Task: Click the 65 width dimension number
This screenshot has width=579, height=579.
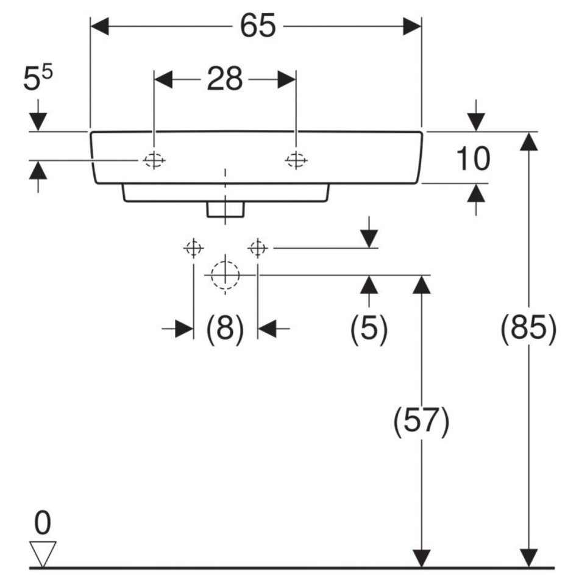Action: (257, 26)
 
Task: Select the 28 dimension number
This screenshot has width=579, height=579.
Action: (225, 79)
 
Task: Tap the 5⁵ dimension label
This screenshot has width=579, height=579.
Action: (38, 79)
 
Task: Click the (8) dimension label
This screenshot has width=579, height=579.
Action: (225, 329)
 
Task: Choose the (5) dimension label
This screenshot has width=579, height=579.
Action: (369, 329)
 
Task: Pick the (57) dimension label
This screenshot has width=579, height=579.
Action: (421, 421)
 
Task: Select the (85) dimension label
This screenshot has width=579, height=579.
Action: (528, 329)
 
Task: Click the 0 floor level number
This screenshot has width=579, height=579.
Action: (43, 523)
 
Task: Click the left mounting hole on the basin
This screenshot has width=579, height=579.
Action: (154, 160)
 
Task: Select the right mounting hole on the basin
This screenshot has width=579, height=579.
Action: (296, 160)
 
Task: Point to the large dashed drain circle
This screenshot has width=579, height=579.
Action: (225, 275)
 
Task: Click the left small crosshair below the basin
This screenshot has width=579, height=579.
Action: (193, 248)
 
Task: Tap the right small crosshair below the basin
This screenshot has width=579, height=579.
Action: (258, 248)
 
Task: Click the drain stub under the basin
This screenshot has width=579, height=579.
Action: (225, 209)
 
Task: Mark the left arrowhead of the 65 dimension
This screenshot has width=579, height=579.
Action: (99, 26)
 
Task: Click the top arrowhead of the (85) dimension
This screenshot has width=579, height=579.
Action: (528, 140)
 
